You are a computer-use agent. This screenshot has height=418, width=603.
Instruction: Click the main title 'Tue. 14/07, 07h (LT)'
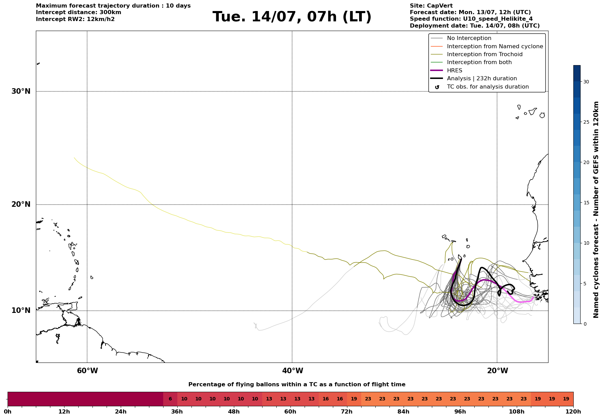292,17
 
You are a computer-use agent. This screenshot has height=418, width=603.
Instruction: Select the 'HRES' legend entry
454,71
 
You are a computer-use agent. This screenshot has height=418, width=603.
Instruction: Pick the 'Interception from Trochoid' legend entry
485,54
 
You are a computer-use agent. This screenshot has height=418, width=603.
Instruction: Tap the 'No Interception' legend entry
469,38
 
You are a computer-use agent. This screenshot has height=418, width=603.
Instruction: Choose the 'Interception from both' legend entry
479,62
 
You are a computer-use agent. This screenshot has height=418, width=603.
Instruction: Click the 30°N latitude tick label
21,91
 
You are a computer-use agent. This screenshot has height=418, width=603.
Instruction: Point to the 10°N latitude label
21,310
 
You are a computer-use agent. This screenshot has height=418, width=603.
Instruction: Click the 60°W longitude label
87,371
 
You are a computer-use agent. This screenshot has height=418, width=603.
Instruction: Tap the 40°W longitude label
293,371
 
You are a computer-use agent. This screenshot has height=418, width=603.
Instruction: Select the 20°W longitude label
497,371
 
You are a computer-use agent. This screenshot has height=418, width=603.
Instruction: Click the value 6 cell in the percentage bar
170,399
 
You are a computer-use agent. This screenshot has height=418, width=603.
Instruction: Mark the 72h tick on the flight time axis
347,407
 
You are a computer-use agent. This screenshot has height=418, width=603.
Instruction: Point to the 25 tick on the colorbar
586,122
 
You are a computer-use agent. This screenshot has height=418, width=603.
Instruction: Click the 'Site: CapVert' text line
431,6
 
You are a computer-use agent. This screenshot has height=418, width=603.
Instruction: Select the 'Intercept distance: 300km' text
79,12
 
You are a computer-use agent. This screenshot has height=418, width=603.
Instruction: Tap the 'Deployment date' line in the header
475,26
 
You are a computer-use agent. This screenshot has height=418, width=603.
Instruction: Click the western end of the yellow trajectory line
74,158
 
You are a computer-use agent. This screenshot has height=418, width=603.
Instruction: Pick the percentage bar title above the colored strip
297,385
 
